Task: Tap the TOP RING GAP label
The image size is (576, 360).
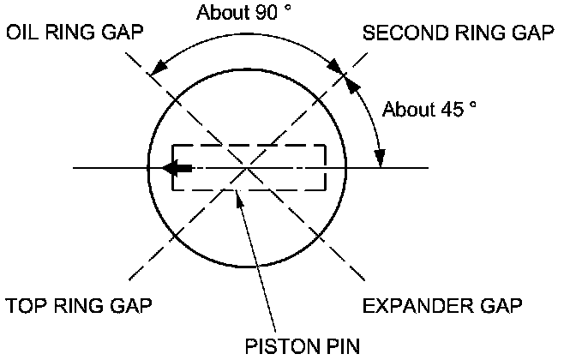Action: pos(75,305)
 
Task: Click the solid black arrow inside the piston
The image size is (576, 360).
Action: pos(177,168)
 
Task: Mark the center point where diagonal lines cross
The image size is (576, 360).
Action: pos(247,168)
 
